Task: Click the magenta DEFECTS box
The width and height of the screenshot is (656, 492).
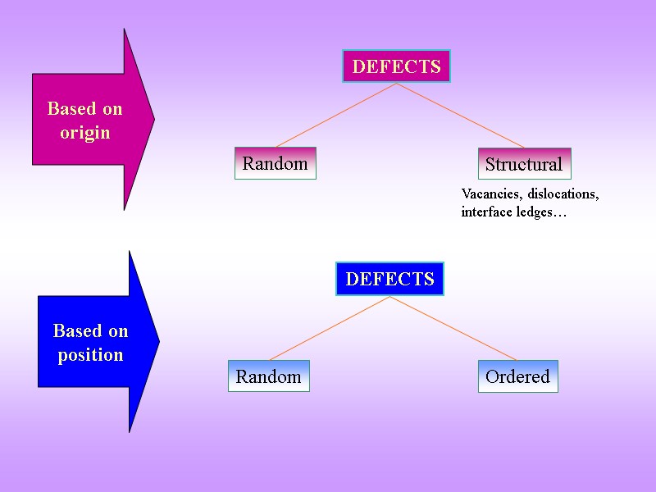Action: tap(396, 66)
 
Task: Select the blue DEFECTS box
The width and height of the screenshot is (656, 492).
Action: tap(389, 279)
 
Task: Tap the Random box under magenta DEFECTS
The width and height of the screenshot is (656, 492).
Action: tap(275, 163)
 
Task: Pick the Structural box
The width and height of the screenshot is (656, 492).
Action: tap(523, 164)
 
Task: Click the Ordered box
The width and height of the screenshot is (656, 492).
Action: tap(517, 376)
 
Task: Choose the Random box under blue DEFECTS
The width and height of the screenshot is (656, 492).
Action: tap(268, 376)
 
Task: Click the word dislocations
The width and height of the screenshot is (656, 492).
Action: tap(564, 194)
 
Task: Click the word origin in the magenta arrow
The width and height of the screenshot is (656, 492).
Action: tap(85, 132)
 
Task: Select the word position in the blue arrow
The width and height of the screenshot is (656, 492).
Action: tap(90, 355)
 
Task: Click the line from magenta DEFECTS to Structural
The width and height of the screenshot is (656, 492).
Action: tap(461, 116)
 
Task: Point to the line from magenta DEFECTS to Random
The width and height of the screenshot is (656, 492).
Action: tap(336, 116)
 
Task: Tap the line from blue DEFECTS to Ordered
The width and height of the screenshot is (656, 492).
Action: tap(453, 328)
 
